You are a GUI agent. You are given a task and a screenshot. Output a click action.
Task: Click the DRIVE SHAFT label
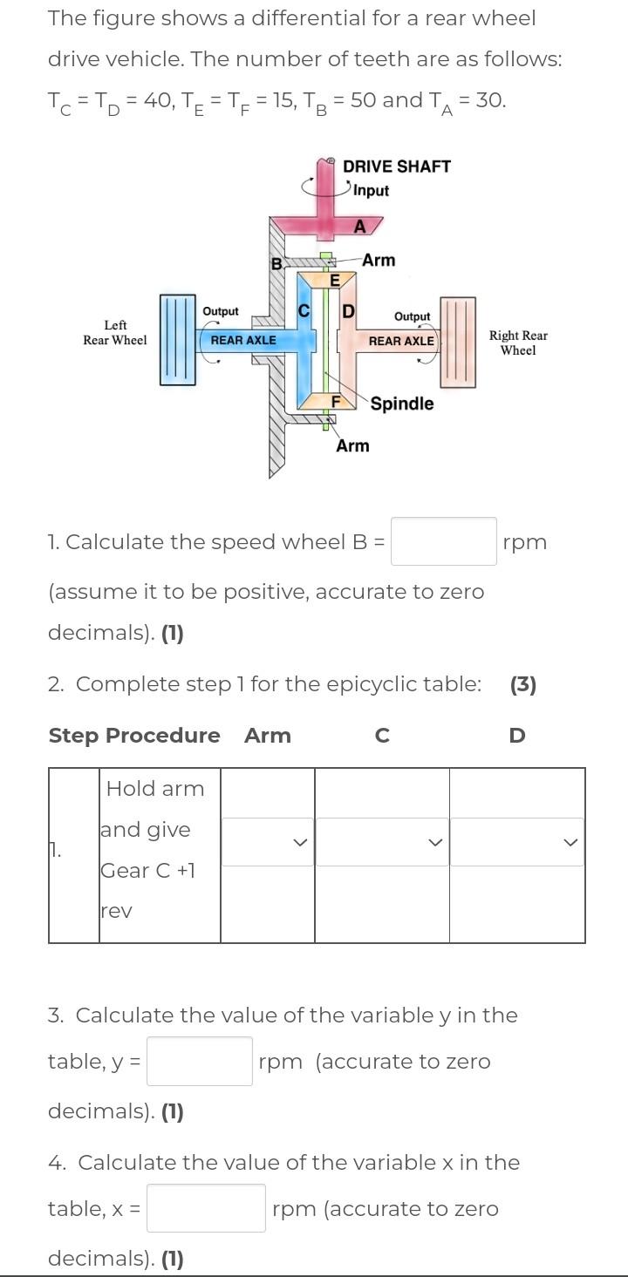coord(397,166)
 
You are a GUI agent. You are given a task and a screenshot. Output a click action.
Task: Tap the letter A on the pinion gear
coord(358,227)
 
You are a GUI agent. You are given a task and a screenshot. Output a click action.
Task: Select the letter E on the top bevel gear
coord(334,281)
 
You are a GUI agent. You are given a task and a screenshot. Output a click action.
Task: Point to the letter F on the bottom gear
coord(335,401)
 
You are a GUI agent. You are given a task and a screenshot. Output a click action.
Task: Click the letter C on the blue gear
coord(304,310)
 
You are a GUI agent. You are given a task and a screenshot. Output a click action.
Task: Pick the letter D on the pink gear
coord(347,311)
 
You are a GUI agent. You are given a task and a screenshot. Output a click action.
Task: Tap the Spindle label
coord(401,404)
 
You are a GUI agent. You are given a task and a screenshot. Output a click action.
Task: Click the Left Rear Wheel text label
coord(115,333)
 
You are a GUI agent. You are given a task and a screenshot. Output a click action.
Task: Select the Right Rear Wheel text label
coord(518,343)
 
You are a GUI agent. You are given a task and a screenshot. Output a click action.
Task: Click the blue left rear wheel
coord(177,339)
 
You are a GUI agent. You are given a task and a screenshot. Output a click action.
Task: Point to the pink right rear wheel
coord(458,341)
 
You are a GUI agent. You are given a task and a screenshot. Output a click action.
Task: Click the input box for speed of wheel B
coord(443,541)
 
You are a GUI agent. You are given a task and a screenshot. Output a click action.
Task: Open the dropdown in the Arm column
coord(267,842)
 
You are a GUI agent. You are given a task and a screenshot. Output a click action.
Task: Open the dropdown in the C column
coord(381,842)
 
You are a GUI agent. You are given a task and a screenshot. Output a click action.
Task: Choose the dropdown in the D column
coord(516,842)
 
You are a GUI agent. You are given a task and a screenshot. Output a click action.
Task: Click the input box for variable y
coord(199,1061)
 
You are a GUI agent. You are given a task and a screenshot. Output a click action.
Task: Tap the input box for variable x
coord(206,1208)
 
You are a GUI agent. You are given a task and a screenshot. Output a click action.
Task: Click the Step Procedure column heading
coord(134,736)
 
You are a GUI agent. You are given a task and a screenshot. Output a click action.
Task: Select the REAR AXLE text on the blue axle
coord(243,340)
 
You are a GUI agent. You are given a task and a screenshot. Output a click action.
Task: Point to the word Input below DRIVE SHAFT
coord(371,190)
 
